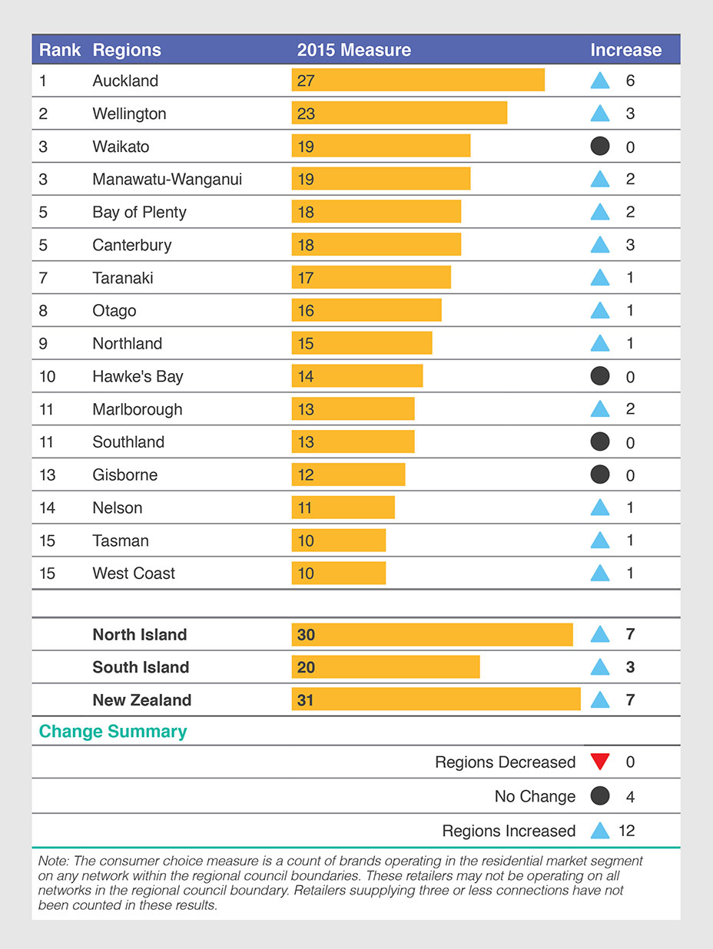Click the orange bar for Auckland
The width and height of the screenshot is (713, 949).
pyautogui.click(x=418, y=81)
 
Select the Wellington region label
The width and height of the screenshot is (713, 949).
pyautogui.click(x=129, y=114)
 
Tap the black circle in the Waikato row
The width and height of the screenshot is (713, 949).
pyautogui.click(x=600, y=146)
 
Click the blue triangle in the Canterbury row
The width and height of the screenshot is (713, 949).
pyautogui.click(x=600, y=245)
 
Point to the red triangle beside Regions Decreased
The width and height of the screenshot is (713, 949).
pyautogui.click(x=600, y=762)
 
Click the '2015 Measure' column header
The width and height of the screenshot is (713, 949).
pyautogui.click(x=353, y=50)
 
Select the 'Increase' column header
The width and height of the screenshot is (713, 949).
pyautogui.click(x=625, y=50)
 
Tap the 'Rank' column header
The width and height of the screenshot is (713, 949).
pyautogui.click(x=60, y=50)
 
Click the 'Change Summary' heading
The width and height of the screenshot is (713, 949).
pyautogui.click(x=113, y=731)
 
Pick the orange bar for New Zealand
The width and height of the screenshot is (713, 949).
pyautogui.click(x=436, y=699)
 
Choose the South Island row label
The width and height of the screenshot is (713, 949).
pyautogui.click(x=141, y=667)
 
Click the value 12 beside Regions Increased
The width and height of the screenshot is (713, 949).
pyautogui.click(x=626, y=831)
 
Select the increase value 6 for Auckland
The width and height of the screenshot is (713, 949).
pyautogui.click(x=630, y=81)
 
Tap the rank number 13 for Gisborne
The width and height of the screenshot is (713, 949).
pyautogui.click(x=48, y=475)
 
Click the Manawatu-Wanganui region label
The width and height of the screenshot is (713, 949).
pyautogui.click(x=167, y=179)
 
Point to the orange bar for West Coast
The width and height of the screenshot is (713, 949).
pyautogui.click(x=339, y=574)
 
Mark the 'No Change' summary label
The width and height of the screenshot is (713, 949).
pyautogui.click(x=535, y=796)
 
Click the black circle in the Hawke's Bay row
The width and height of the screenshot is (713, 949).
pyautogui.click(x=600, y=375)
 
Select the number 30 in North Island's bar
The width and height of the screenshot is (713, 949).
pyautogui.click(x=306, y=635)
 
